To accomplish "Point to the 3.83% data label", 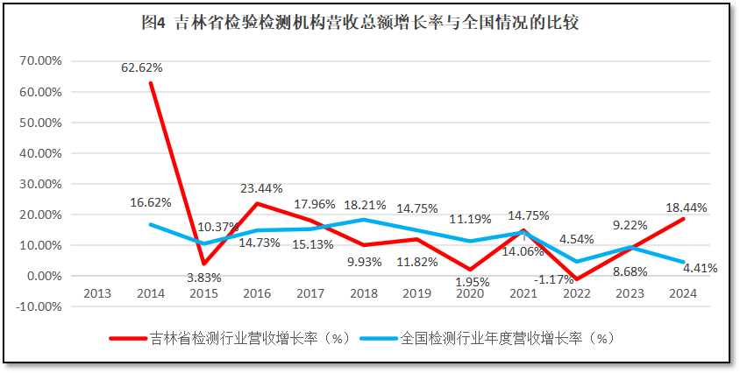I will pos(205,277).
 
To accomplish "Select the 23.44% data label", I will pos(260,186).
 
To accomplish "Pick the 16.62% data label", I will pos(150,202).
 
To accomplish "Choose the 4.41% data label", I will pos(699,269).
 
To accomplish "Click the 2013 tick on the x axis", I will pos(97,294).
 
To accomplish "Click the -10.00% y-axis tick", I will pos(39,307).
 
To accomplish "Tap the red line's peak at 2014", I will pos(151,83).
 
